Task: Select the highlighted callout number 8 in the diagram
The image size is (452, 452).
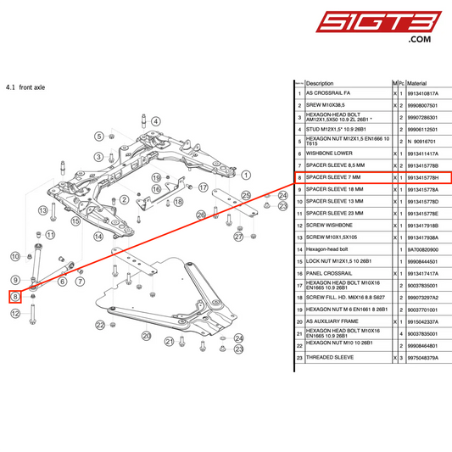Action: tap(15, 296)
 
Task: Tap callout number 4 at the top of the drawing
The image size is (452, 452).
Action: tap(156, 121)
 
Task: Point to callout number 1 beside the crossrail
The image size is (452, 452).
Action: tap(246, 175)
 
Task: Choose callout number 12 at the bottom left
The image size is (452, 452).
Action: tap(15, 313)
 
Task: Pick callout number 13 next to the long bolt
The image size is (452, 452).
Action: tap(41, 209)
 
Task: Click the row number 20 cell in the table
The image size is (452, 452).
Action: tap(299, 321)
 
